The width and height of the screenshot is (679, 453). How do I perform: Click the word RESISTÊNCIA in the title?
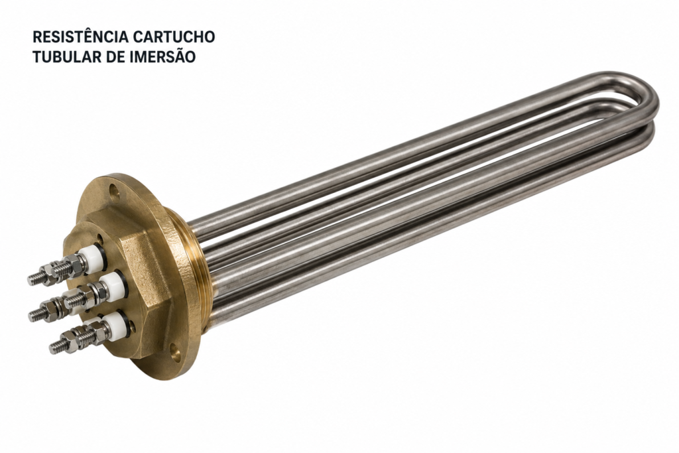(80, 37)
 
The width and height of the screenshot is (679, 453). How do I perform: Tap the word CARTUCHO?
(174, 37)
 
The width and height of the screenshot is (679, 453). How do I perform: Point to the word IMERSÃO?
(162, 57)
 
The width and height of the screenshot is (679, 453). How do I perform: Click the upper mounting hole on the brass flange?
(114, 190)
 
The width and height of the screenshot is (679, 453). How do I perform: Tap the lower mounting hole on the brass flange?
(175, 350)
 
